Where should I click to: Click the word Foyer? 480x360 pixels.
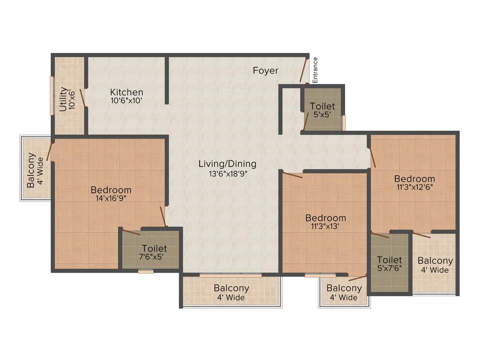265,71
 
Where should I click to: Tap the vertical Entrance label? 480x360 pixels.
315,70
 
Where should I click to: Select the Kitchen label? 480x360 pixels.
127,92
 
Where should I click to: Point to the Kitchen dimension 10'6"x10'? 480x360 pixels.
126,100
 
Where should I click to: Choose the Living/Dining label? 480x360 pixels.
227,164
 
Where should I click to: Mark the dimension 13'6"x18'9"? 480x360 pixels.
227,172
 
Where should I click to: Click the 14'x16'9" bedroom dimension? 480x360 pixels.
111,198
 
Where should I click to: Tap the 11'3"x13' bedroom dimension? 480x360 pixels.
325,226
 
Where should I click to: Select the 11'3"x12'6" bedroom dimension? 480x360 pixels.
414,187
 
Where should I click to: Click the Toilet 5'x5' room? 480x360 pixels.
322,110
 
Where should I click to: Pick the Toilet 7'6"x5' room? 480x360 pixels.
151,252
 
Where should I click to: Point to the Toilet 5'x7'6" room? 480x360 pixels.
389,264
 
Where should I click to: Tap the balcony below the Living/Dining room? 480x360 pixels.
231,292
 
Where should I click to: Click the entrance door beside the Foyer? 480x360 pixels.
304,70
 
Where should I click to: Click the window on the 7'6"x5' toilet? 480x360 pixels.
146,271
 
